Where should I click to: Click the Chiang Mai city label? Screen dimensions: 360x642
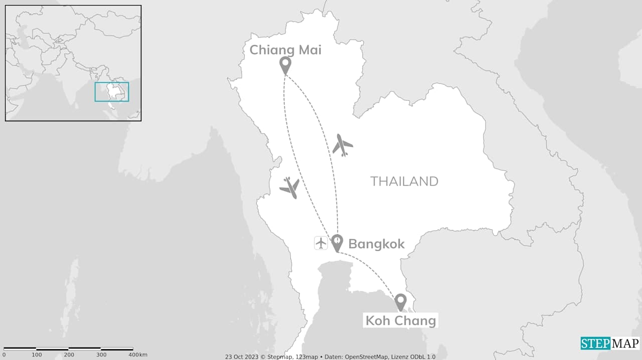285,50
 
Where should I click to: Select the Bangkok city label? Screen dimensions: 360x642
376,244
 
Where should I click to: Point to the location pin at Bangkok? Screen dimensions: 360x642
337,243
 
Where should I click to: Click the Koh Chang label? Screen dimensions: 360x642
400,320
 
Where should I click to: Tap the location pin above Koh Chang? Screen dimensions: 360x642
400,302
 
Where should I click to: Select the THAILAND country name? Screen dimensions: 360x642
404,181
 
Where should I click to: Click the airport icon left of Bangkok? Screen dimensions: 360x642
321,243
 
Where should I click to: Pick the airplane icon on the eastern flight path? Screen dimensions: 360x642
343,145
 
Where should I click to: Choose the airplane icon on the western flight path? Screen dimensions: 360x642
289,188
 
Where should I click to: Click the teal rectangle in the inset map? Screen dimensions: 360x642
112,92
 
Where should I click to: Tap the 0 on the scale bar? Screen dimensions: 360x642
4,355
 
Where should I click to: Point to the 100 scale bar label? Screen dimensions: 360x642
37,355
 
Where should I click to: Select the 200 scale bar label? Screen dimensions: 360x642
69,355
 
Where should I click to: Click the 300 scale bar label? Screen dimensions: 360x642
101,355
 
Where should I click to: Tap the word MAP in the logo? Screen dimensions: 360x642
625,343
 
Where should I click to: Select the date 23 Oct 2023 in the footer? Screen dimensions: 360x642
242,357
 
